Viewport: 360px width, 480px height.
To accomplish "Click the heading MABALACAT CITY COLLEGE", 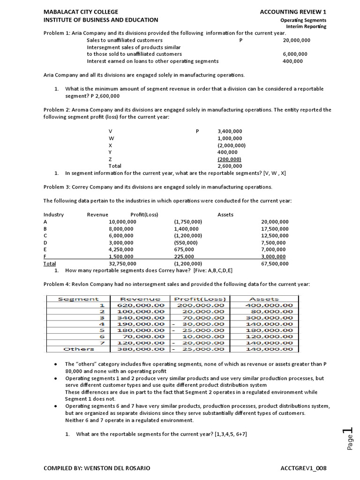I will pyautogui.click(x=81, y=12).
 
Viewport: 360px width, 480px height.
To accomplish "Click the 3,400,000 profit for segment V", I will pyautogui.click(x=230, y=131).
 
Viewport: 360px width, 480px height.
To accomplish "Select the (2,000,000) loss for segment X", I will pyautogui.click(x=231, y=145).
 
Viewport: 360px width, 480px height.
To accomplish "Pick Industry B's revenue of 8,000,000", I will pyautogui.click(x=120, y=229).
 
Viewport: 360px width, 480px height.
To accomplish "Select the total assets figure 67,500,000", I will pyautogui.click(x=275, y=264).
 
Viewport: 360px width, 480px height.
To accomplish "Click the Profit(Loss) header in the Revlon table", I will pyautogui.click(x=200, y=299).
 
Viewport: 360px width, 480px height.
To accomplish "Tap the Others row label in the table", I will pyautogui.click(x=78, y=349).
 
